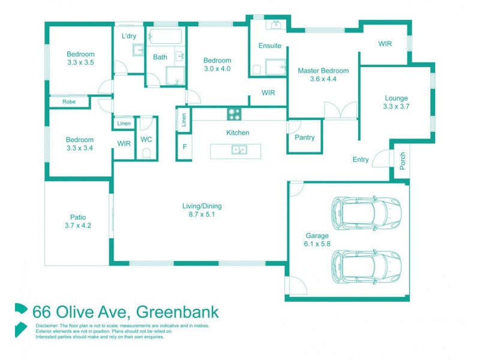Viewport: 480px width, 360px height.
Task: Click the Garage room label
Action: click(317, 236)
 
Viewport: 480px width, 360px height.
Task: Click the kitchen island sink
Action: click(239, 149)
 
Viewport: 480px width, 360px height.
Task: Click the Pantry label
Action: click(305, 137)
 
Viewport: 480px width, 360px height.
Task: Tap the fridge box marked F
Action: click(184, 146)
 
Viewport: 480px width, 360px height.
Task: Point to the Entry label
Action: click(361, 160)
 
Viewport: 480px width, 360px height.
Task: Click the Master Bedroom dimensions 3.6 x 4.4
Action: click(323, 79)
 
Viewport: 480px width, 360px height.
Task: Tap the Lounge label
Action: click(396, 98)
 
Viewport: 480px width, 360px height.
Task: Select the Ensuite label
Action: click(270, 46)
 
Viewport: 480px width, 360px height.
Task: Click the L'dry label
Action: click(129, 36)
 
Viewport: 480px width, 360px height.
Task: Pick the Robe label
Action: click(69, 102)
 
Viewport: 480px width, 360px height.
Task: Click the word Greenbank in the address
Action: click(178, 312)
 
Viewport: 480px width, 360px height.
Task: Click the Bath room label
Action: click(160, 58)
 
